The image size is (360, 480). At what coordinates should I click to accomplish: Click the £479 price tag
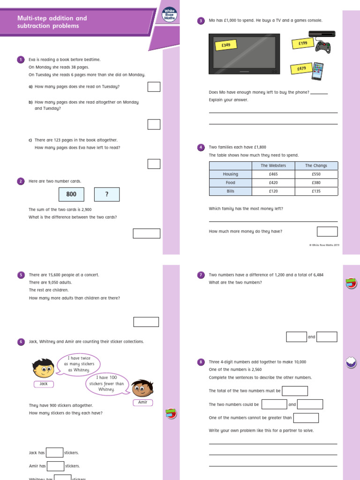click(x=301, y=68)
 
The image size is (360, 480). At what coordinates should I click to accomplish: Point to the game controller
click(x=322, y=47)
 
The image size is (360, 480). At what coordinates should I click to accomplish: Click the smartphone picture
click(x=317, y=71)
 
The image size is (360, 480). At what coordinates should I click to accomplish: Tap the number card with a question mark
click(x=107, y=195)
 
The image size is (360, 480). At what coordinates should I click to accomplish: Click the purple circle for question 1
click(x=21, y=60)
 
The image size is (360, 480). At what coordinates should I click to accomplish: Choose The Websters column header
click(x=273, y=165)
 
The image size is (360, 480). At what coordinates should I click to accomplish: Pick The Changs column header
click(x=315, y=165)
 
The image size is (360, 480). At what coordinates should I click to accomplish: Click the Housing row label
click(x=230, y=174)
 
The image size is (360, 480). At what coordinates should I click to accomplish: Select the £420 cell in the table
click(x=273, y=183)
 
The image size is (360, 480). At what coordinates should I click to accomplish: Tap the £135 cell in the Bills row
click(x=315, y=191)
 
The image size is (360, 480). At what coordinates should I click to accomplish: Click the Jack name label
click(x=44, y=384)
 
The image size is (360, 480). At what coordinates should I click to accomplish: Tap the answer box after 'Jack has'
click(x=55, y=453)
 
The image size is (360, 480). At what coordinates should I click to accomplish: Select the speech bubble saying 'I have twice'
click(x=79, y=364)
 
